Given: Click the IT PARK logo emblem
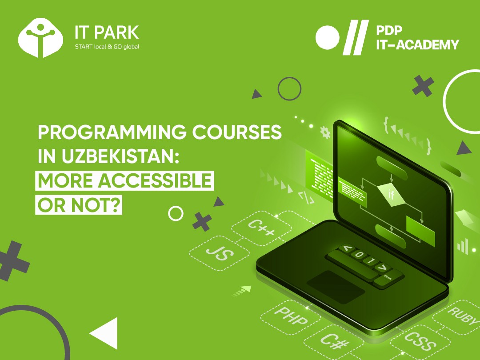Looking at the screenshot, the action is (41, 38).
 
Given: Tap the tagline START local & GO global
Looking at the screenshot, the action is (107, 47).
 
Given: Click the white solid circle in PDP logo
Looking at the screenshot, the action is (328, 38).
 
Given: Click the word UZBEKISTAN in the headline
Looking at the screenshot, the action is (120, 156).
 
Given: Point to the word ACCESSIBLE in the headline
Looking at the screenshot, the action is (155, 180).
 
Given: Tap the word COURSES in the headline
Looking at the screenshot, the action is (236, 132).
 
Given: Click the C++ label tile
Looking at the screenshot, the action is (261, 228).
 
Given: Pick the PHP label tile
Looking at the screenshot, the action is (291, 316).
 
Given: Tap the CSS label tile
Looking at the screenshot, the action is (420, 341).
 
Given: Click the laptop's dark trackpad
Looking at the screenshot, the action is (336, 287).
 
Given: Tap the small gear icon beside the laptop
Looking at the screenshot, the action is (325, 132).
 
